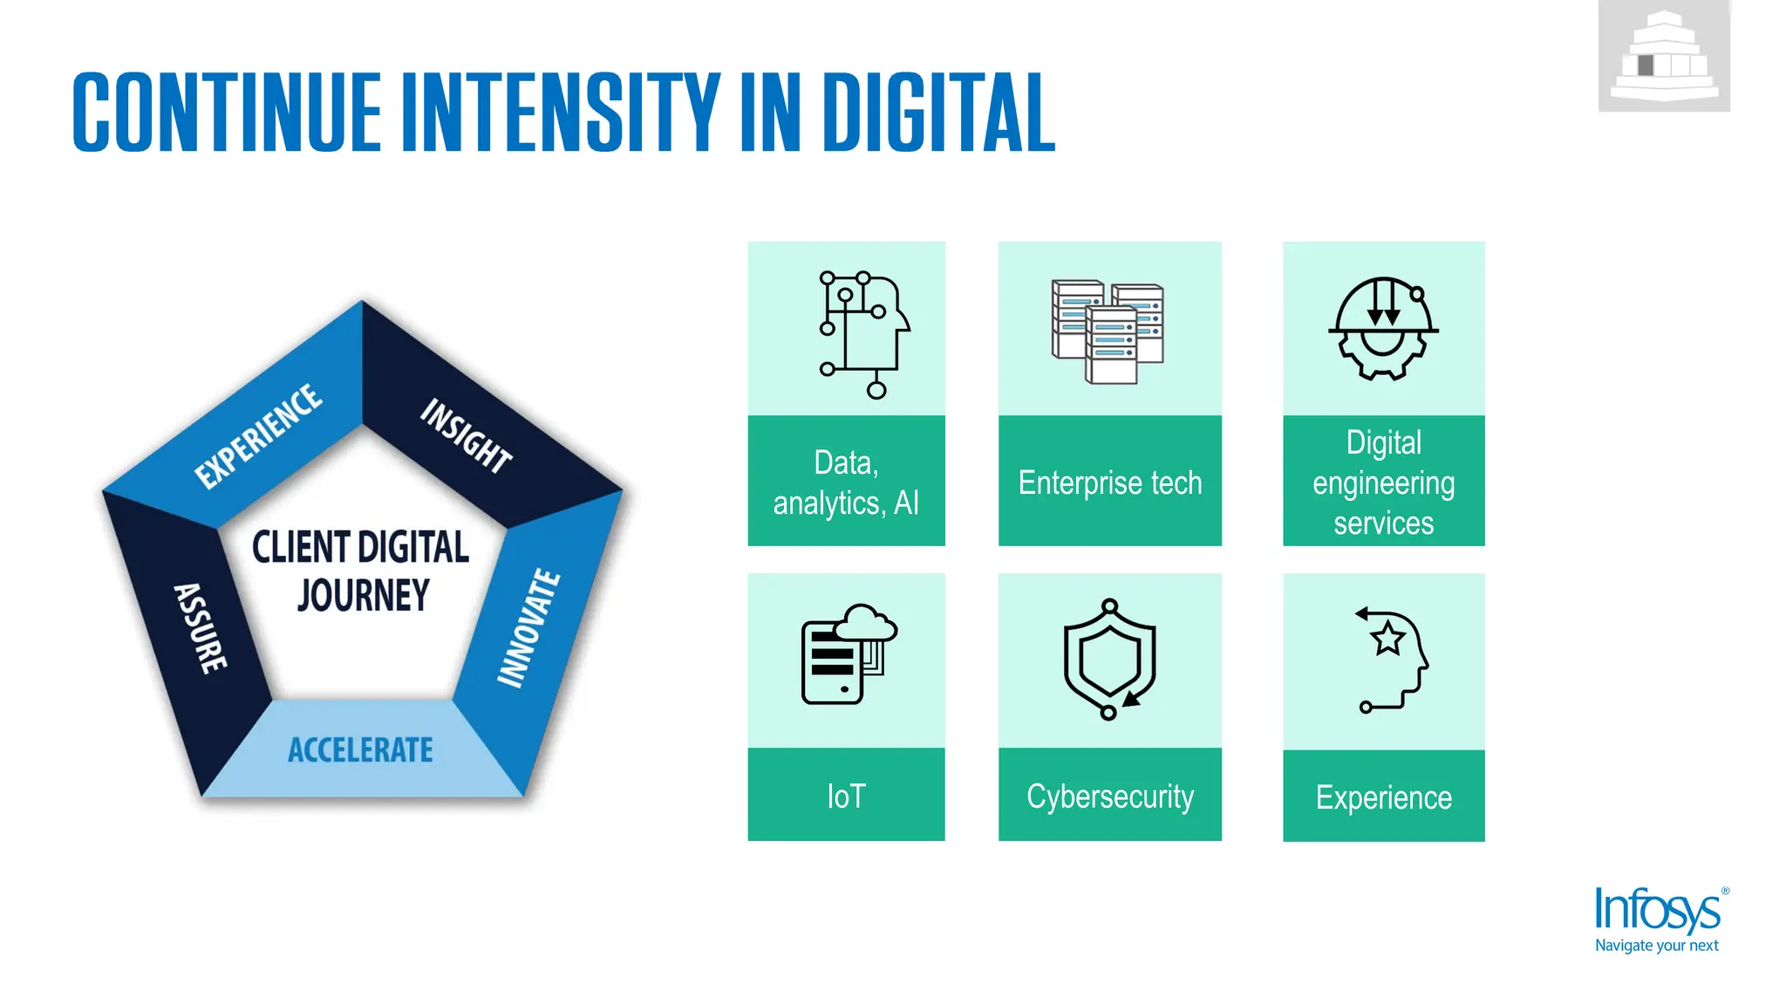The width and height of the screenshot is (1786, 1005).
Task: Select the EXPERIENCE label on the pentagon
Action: [258, 435]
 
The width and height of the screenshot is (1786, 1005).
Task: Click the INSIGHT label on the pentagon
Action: [467, 435]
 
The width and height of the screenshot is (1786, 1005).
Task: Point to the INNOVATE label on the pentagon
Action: [528, 628]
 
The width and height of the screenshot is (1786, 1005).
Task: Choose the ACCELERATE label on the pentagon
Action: [360, 750]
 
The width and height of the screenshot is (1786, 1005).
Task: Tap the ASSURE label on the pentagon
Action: [201, 628]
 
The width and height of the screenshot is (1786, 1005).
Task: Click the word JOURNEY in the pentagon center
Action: [363, 596]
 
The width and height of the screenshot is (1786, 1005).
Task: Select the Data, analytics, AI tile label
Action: [846, 482]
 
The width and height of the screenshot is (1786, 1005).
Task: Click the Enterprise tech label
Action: [1109, 482]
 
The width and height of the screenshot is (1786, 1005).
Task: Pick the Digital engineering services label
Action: [1383, 482]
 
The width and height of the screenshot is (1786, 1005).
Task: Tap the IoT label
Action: [846, 796]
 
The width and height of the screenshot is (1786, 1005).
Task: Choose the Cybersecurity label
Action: [1109, 796]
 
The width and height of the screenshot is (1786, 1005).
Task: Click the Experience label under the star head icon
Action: [1383, 797]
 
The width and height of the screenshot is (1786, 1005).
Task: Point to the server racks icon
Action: [1108, 332]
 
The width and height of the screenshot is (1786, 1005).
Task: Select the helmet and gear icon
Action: [1383, 329]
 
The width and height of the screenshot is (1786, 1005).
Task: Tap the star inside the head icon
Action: [1387, 639]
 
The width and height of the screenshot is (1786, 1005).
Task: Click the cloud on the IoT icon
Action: [865, 623]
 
